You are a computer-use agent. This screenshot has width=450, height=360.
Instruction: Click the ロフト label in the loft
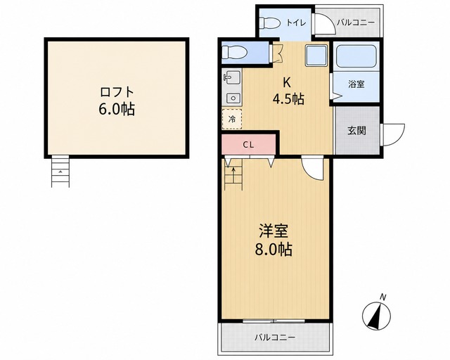pyautogui.click(x=117, y=92)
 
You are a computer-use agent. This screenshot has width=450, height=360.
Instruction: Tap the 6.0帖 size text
pyautogui.click(x=117, y=109)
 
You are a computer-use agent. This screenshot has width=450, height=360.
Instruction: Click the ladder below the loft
pyautogui.click(x=60, y=172)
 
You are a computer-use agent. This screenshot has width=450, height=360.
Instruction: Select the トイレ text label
pyautogui.click(x=297, y=23)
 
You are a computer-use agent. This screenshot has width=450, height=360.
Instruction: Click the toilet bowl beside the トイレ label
pyautogui.click(x=270, y=23)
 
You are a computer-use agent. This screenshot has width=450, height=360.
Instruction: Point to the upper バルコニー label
pyautogui.click(x=356, y=22)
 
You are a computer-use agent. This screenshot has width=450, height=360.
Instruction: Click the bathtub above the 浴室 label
pyautogui.click(x=356, y=56)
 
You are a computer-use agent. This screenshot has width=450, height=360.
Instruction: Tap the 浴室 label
pyautogui.click(x=356, y=84)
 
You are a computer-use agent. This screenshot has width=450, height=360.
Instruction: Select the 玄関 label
pyautogui.click(x=356, y=131)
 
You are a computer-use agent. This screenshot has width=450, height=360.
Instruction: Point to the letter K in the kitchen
pyautogui.click(x=286, y=83)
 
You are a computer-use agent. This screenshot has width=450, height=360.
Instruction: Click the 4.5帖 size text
pyautogui.click(x=288, y=99)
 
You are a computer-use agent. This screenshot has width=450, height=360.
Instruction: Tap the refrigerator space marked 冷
pyautogui.click(x=232, y=119)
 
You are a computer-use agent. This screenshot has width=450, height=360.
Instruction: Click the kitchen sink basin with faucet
pyautogui.click(x=233, y=77)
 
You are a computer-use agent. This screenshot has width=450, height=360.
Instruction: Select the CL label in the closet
pyautogui.click(x=248, y=145)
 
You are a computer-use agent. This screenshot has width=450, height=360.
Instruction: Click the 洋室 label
pyautogui.click(x=274, y=231)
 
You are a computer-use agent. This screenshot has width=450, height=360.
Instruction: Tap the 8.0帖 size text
pyautogui.click(x=274, y=249)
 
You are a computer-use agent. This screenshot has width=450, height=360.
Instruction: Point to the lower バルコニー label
pyautogui.click(x=275, y=337)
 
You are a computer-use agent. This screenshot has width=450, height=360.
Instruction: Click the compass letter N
pyautogui.click(x=382, y=297)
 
